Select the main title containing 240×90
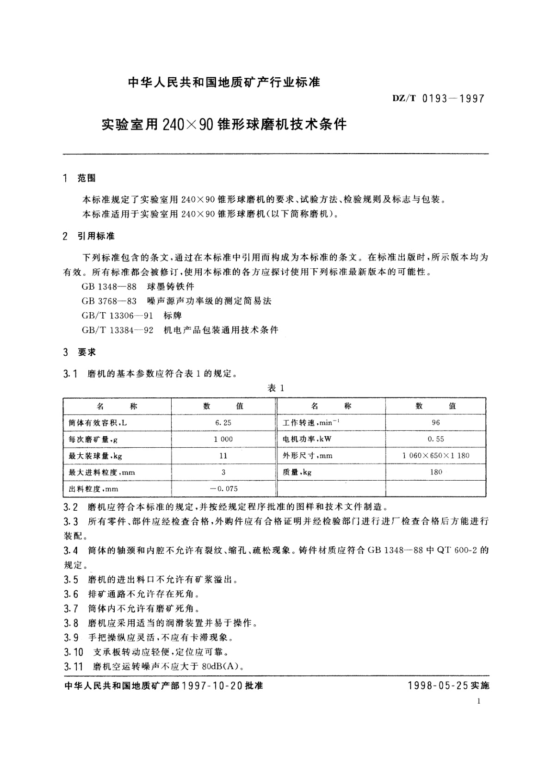point(224,124)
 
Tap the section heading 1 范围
point(79,179)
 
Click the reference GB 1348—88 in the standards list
point(109,286)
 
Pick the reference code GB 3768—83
point(109,301)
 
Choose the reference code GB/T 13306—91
point(118,315)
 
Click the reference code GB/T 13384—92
point(118,330)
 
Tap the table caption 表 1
point(276,388)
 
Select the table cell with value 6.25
point(223,422)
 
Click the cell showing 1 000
point(223,439)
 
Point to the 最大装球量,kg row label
point(95,456)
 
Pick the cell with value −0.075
point(223,489)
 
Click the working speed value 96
point(435,422)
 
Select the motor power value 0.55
point(435,439)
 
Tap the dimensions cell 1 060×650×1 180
point(435,456)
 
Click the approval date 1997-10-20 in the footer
point(212,686)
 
